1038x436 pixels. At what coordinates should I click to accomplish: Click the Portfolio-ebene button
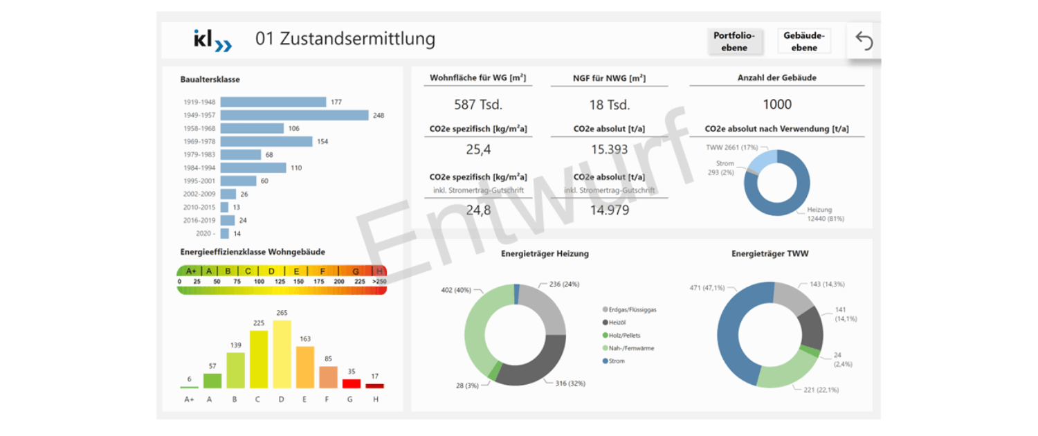(734, 41)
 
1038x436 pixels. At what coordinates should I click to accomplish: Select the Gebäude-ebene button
(803, 41)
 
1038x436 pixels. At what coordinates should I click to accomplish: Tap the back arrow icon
(864, 41)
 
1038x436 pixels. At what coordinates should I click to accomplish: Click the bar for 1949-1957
(294, 115)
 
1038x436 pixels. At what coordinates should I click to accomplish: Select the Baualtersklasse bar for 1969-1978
(266, 141)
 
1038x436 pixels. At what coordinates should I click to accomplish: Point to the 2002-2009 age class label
(199, 194)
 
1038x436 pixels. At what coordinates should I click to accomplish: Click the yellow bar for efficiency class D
(282, 354)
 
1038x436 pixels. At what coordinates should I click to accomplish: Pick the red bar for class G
(352, 383)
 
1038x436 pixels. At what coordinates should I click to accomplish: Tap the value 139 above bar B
(235, 345)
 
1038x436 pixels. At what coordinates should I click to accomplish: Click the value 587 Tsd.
(478, 105)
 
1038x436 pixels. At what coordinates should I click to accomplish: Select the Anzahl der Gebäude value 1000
(777, 105)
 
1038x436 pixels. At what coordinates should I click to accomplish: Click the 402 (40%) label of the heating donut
(457, 290)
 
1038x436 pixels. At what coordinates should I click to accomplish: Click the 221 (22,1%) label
(822, 390)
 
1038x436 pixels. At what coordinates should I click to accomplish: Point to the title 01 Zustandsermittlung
(345, 39)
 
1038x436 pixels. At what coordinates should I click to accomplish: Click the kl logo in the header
(212, 40)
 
